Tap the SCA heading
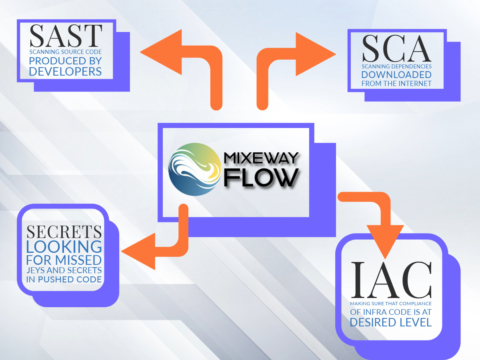point(396,48)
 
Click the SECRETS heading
point(64,232)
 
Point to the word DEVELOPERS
point(66,72)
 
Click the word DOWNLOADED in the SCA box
point(396,75)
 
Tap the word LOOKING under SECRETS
point(64,246)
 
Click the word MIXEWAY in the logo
point(261,158)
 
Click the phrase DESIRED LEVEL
point(391,322)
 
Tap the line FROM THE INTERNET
point(396,84)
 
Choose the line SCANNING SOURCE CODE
point(66,52)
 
